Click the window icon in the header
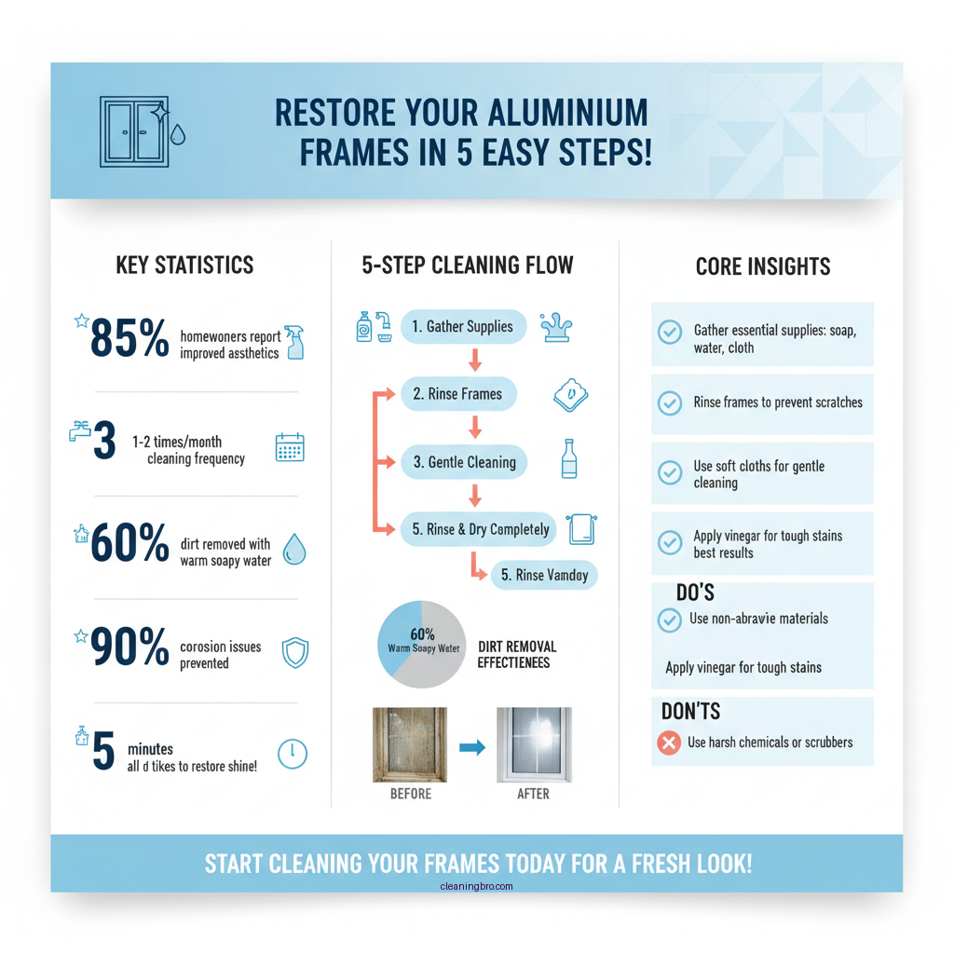134,131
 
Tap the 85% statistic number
129,340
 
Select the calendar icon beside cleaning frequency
291,448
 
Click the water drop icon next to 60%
293,550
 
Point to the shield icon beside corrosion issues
294,653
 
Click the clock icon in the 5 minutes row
293,753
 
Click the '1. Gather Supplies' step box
463,327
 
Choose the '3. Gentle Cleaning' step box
464,462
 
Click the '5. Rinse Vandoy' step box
544,575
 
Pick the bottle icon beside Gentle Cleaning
568,459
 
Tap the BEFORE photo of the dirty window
411,744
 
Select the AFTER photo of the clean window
533,744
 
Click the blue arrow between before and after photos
472,746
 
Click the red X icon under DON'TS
668,743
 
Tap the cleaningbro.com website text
476,886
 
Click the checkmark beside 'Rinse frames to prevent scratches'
669,402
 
